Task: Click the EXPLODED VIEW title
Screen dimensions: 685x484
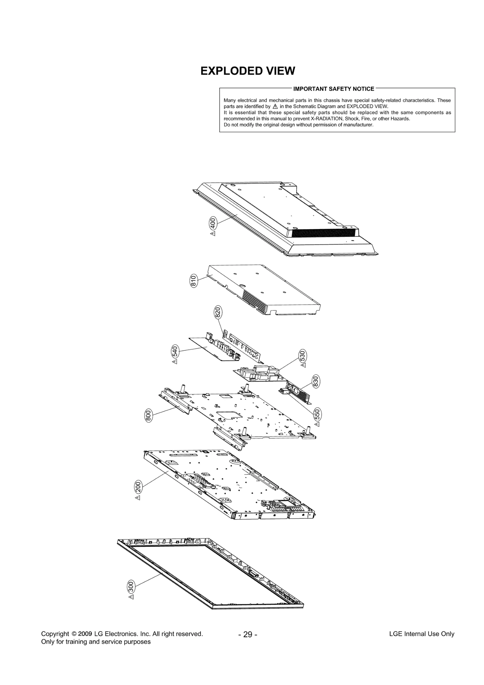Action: [247, 71]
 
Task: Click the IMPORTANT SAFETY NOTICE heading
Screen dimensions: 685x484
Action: [333, 89]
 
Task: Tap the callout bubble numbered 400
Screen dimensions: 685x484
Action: [213, 223]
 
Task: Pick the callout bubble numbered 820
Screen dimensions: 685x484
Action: [218, 312]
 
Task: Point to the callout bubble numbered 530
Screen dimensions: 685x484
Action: [302, 355]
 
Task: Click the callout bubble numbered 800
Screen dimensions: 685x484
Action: [148, 416]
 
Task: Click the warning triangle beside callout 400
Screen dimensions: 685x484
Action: [213, 234]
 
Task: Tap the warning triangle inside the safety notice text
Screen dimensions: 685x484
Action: [275, 107]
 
